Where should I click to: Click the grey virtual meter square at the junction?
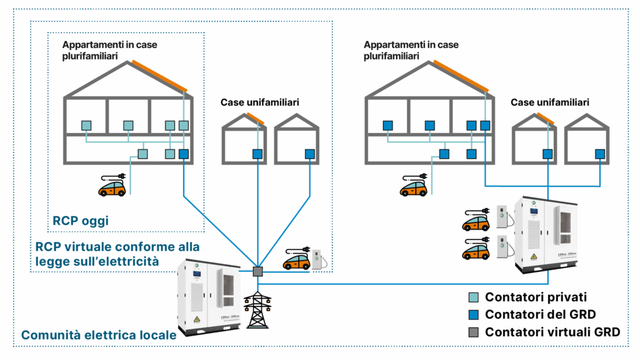(x=257, y=271)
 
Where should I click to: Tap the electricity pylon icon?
(x=257, y=309)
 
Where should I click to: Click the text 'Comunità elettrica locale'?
(x=99, y=336)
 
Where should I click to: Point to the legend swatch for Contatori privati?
(x=473, y=297)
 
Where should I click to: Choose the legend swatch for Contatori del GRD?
(x=473, y=314)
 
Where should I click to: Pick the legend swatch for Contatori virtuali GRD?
(x=473, y=332)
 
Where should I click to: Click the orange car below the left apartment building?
(x=112, y=186)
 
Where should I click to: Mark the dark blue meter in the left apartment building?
(x=183, y=153)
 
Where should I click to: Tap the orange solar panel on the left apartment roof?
(x=159, y=76)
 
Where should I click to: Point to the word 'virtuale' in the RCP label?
(x=86, y=246)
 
